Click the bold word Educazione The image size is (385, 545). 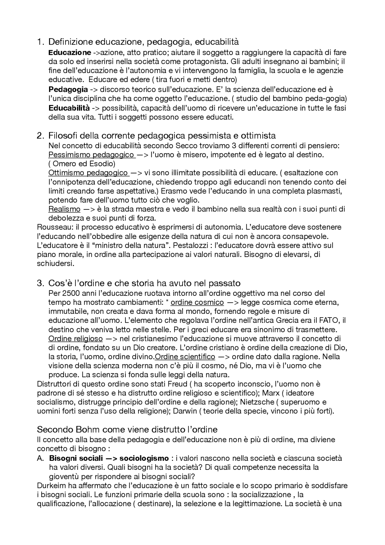point(69,53)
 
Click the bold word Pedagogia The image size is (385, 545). point(68,89)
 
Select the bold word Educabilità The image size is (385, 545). point(69,108)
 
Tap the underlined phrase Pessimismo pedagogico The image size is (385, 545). point(91,155)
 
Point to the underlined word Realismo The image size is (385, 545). point(64,209)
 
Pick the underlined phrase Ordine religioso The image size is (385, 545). point(75,339)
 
